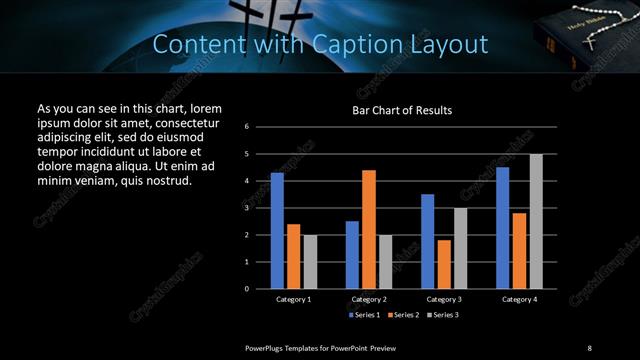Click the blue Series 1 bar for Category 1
[x=277, y=230]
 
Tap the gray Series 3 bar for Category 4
[x=536, y=221]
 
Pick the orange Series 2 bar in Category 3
[x=444, y=264]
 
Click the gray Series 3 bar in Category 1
[x=309, y=261]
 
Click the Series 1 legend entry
[x=365, y=315]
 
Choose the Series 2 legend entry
[x=403, y=315]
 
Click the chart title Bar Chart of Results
[x=403, y=110]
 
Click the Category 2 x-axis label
[x=369, y=299]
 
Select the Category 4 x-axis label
[x=518, y=299]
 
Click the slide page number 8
[x=589, y=347]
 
